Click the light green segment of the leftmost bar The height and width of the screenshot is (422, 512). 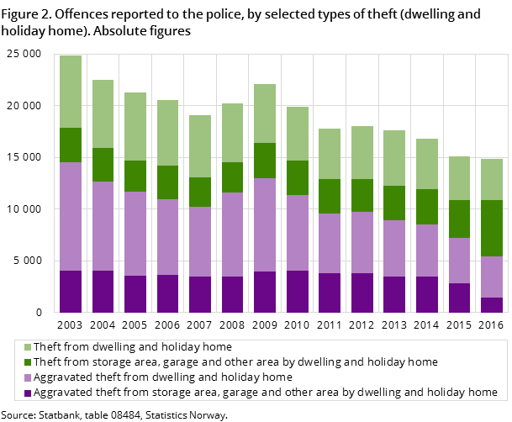tap(71, 92)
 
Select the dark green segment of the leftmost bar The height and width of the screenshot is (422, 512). tap(71, 145)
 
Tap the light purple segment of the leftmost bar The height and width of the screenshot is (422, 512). tap(71, 216)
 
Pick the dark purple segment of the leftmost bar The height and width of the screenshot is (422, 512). tap(71, 291)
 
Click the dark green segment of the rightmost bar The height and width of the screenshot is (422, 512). tap(492, 228)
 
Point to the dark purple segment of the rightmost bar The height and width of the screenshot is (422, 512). tap(492, 304)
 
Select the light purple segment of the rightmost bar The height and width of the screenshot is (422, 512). tap(492, 277)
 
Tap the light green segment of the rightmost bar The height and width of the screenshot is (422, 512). tap(492, 179)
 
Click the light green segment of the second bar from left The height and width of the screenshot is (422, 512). tap(103, 113)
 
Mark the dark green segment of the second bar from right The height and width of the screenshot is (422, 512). tap(459, 219)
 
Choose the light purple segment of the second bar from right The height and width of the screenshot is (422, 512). tap(459, 261)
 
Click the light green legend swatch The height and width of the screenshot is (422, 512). tap(28, 347)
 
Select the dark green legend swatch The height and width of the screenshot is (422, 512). tap(28, 362)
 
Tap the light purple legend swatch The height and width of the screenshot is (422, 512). tap(28, 377)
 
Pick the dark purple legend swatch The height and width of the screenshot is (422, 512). tap(28, 393)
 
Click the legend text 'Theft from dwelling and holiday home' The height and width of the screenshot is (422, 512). tap(133, 347)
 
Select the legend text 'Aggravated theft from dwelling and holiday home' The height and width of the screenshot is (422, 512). tap(163, 377)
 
